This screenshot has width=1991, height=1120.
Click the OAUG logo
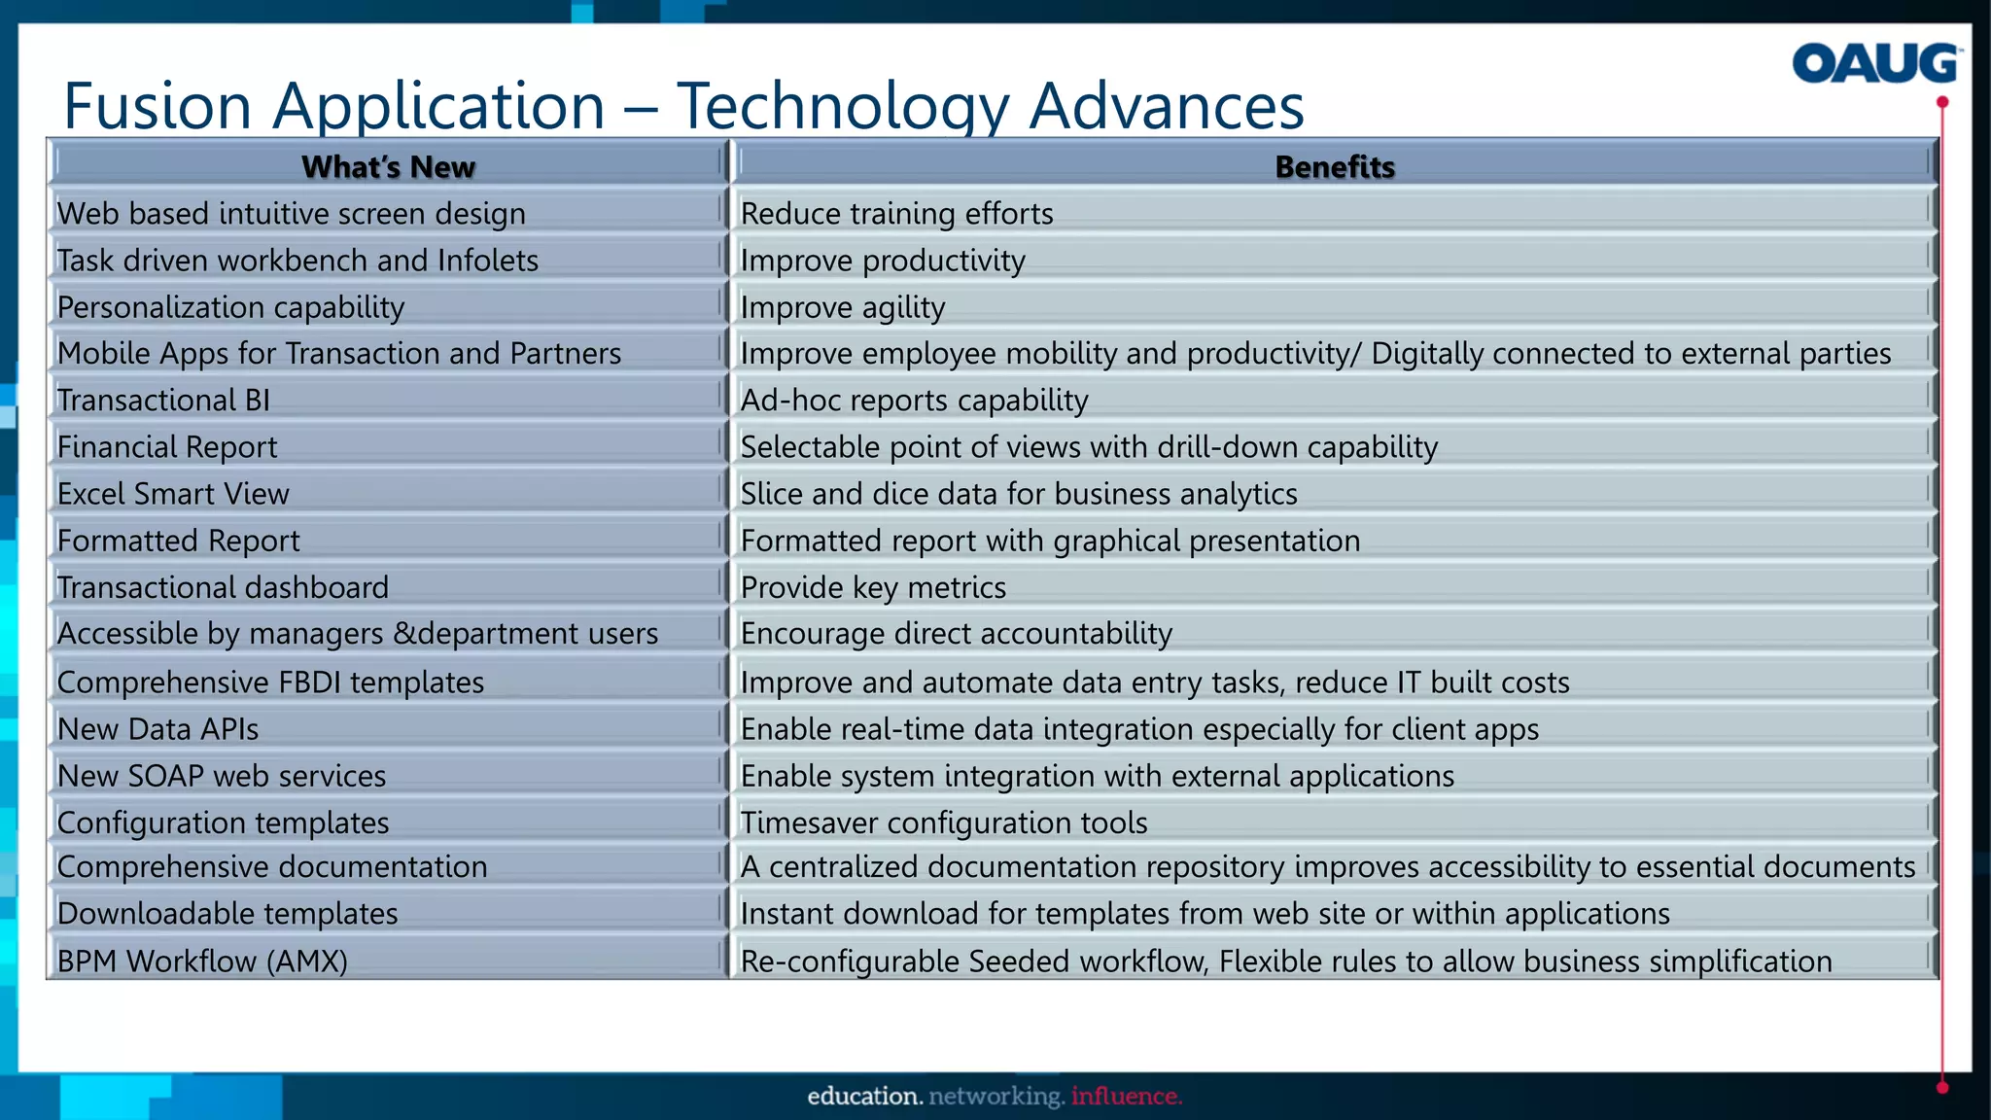pos(1875,64)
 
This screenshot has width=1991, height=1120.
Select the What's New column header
pos(388,167)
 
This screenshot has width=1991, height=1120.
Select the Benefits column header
pos(1334,167)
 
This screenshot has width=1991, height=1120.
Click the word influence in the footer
pos(1126,1097)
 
